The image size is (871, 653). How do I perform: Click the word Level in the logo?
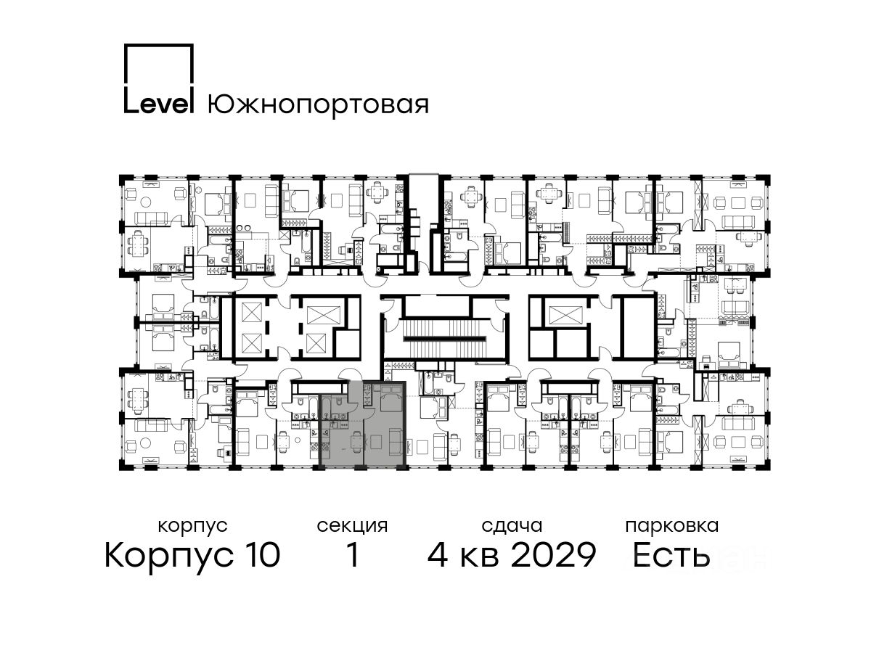pyautogui.click(x=159, y=104)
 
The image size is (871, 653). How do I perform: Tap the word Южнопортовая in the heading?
pyautogui.click(x=318, y=106)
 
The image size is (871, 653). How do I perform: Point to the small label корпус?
pyautogui.click(x=192, y=527)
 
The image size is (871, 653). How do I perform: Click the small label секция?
pyautogui.click(x=352, y=527)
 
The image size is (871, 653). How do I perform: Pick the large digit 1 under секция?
pyautogui.click(x=353, y=555)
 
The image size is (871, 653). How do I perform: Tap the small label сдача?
pyautogui.click(x=512, y=527)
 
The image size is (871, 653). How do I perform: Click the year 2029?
pyautogui.click(x=553, y=555)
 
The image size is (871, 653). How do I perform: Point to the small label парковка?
pyautogui.click(x=672, y=527)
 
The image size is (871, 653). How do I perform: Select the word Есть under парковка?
pyautogui.click(x=671, y=555)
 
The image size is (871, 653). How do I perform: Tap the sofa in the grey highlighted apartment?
pyautogui.click(x=396, y=441)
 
